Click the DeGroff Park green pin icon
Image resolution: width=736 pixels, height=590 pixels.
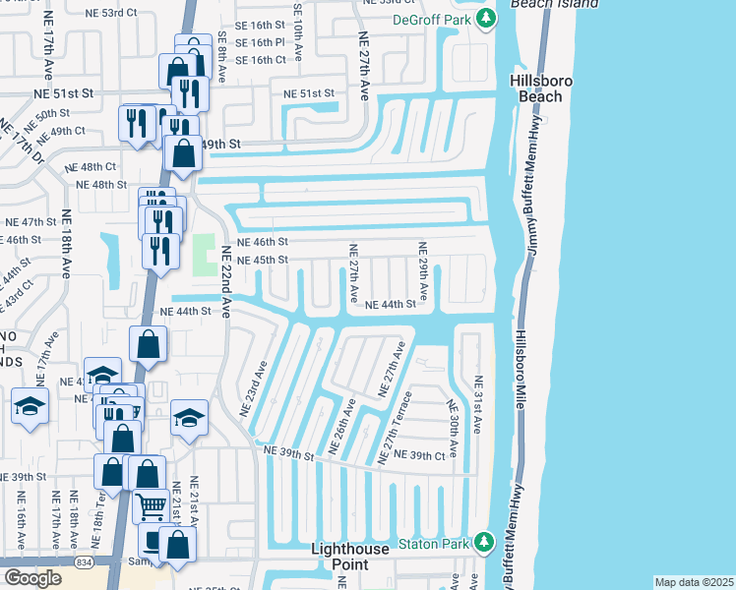click(484, 19)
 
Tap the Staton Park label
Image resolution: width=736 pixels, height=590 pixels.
click(433, 543)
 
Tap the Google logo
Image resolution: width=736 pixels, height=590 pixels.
click(32, 578)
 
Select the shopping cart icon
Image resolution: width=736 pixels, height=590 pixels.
click(150, 507)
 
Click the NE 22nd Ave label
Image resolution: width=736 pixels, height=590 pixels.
click(225, 280)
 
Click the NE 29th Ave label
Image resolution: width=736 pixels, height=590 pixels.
click(423, 270)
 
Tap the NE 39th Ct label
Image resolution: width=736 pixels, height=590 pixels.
click(427, 456)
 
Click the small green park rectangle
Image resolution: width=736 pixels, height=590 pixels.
click(205, 256)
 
